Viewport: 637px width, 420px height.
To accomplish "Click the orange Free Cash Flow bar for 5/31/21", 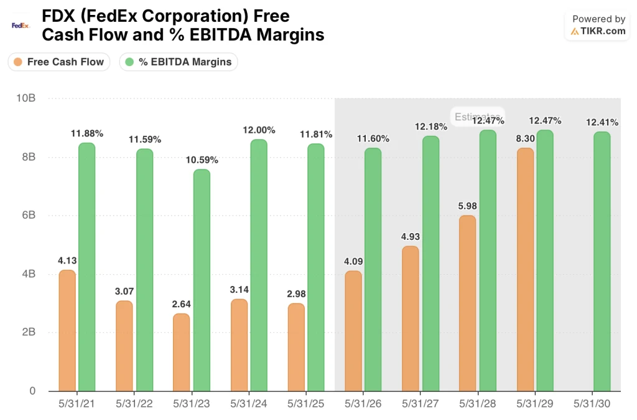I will [67, 330].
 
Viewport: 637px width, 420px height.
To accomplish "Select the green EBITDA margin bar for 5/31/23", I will [202, 280].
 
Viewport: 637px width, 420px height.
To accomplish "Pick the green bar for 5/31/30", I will [602, 262].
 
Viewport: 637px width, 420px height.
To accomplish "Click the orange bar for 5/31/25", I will [296, 347].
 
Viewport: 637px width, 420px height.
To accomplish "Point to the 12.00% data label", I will [258, 130].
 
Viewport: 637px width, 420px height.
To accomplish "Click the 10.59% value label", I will [202, 160].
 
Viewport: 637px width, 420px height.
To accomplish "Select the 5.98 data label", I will [468, 206].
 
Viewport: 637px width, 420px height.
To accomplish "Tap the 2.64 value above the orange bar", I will [182, 304].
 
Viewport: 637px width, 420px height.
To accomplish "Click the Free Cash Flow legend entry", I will [59, 62].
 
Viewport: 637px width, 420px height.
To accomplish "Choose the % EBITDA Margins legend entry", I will [179, 62].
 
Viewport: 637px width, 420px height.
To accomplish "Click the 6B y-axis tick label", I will [27, 216].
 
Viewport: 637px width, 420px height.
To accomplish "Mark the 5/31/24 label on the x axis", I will [249, 404].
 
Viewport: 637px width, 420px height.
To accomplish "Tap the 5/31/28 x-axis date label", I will [477, 404].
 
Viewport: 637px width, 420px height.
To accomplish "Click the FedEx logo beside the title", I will [21, 26].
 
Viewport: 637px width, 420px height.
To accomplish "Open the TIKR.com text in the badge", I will [603, 31].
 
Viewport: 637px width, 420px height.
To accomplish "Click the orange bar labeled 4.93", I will [411, 318].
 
